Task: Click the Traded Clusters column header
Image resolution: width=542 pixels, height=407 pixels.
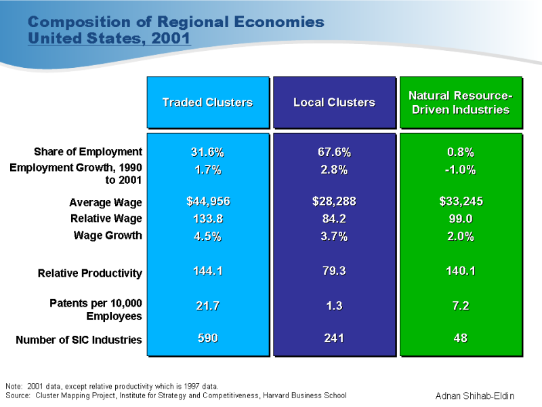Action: pos(207,102)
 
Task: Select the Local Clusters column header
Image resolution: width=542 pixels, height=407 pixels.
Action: pos(334,102)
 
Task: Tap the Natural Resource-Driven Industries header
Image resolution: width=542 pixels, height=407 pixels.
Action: pos(461,102)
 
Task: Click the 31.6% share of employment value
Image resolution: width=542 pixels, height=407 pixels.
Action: pos(207,151)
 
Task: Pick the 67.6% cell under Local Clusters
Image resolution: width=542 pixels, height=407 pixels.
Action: pos(334,151)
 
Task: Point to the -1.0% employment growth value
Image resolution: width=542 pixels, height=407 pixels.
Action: pos(461,170)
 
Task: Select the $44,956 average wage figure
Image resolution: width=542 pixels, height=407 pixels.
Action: pos(207,201)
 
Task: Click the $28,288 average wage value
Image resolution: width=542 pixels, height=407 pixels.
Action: pos(334,201)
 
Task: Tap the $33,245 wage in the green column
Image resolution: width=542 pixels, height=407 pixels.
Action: pos(461,201)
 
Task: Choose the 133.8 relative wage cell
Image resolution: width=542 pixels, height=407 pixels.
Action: pos(207,218)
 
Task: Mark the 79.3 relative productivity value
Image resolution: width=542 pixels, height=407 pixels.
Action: pos(334,271)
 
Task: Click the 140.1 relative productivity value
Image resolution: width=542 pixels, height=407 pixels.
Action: pos(461,271)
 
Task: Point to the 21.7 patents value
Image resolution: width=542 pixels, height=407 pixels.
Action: pos(207,306)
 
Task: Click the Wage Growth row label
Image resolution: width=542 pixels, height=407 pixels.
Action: pos(108,235)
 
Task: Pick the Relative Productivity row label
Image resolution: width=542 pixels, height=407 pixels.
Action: pos(90,273)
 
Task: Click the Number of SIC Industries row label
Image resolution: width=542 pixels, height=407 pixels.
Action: pos(79,339)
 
